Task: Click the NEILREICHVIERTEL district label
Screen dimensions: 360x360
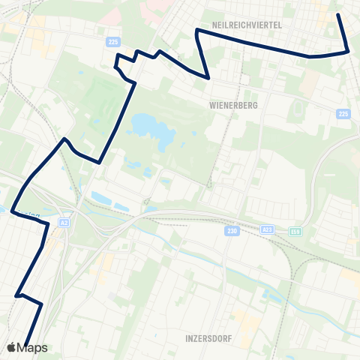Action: (x=247, y=25)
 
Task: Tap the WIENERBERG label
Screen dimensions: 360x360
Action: (x=234, y=106)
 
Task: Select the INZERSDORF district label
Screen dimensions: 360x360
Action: (x=208, y=338)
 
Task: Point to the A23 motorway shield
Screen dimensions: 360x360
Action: (x=268, y=229)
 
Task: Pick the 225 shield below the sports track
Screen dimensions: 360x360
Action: (x=343, y=114)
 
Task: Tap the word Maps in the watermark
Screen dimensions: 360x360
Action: (x=32, y=348)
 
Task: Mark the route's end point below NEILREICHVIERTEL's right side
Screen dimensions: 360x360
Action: (x=338, y=14)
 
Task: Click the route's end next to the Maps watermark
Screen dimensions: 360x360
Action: (x=25, y=344)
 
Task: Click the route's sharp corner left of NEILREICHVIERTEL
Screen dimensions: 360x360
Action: (x=196, y=30)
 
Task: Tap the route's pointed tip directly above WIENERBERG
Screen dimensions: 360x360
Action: (x=208, y=77)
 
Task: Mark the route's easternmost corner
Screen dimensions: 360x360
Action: (x=349, y=51)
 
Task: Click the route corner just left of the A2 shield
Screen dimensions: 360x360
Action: (x=49, y=223)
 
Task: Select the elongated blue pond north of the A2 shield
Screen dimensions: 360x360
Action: (x=103, y=198)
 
